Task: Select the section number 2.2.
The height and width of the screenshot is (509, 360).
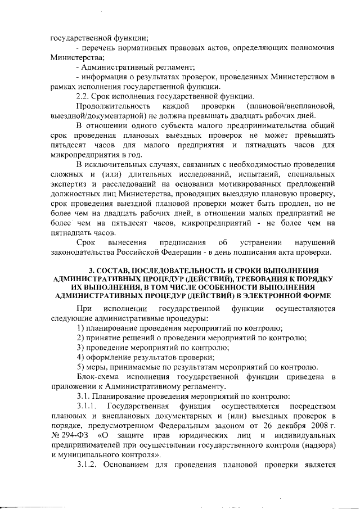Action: pos(84,96)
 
